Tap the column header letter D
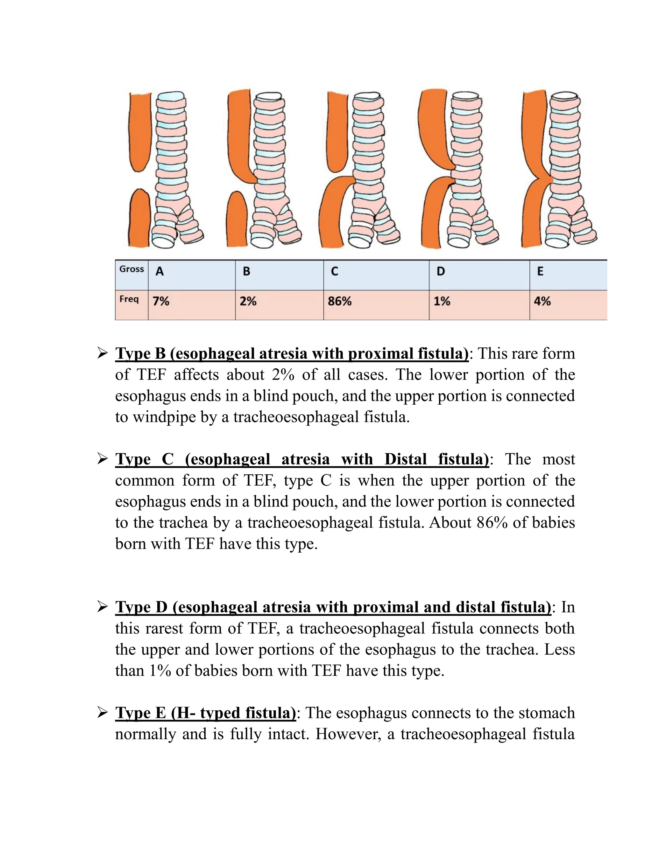tap(440, 272)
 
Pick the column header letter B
tap(246, 272)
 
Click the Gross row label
tap(131, 269)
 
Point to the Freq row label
tap(129, 299)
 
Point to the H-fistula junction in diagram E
tap(545, 179)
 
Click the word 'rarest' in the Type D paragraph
tap(164, 628)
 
